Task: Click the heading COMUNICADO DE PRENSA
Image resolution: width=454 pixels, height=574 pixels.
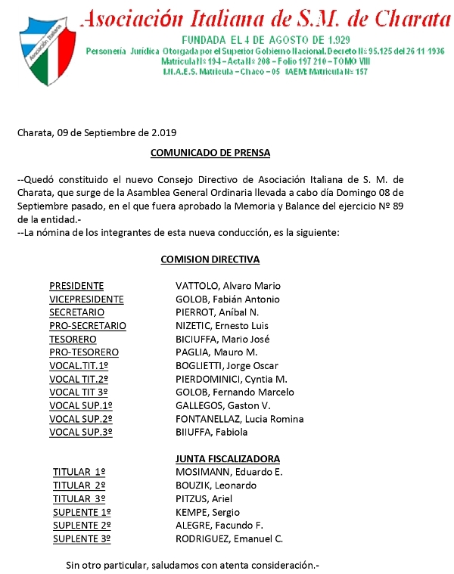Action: tap(210, 153)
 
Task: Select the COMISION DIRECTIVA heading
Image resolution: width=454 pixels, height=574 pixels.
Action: tap(210, 259)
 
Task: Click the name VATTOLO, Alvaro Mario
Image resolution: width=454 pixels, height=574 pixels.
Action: tap(228, 286)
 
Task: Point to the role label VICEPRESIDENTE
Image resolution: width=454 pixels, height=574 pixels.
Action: tap(86, 299)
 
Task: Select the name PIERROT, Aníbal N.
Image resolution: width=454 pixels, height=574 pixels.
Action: tap(217, 312)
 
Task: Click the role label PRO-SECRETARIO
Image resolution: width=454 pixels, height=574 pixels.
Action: tap(87, 326)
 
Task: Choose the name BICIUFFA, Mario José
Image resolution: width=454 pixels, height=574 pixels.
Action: tap(222, 340)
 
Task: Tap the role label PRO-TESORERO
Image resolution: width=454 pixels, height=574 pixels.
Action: tap(84, 352)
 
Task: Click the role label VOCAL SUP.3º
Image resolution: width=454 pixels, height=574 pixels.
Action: tap(81, 433)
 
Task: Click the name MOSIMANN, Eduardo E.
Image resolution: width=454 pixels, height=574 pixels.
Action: tap(229, 472)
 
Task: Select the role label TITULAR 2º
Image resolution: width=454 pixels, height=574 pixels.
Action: tap(79, 486)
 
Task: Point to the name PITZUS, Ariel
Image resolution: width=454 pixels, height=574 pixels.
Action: tap(204, 499)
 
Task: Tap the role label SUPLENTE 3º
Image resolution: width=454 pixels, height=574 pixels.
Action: tap(82, 539)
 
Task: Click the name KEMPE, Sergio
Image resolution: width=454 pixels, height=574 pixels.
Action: tap(207, 512)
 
